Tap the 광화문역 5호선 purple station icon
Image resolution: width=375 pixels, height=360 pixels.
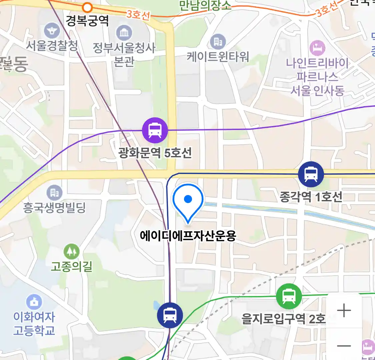pyautogui.click(x=155, y=130)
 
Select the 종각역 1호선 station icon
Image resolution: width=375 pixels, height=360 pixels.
pyautogui.click(x=311, y=174)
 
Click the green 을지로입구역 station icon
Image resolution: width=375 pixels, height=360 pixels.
pyautogui.click(x=289, y=296)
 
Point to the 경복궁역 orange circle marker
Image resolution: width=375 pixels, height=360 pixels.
pyautogui.click(x=87, y=7)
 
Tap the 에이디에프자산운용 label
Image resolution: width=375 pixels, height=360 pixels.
pyautogui.click(x=188, y=236)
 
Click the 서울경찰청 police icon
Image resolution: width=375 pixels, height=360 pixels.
pyautogui.click(x=52, y=31)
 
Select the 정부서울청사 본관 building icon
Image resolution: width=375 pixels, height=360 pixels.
pyautogui.click(x=124, y=33)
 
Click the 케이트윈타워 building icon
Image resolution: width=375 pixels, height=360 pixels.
pyautogui.click(x=218, y=42)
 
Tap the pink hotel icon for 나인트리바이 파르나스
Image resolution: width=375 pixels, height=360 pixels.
pyautogui.click(x=317, y=48)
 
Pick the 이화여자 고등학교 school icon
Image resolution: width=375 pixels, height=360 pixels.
pyautogui.click(x=34, y=302)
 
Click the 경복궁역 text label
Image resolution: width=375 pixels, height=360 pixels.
pyautogui.click(x=87, y=21)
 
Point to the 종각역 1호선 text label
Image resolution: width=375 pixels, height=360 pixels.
pyautogui.click(x=311, y=197)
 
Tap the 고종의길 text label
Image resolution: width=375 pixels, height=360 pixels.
pyautogui.click(x=71, y=267)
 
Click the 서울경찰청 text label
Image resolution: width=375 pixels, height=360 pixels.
pyautogui.click(x=52, y=46)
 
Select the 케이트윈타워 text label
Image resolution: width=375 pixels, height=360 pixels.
pyautogui.click(x=218, y=57)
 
